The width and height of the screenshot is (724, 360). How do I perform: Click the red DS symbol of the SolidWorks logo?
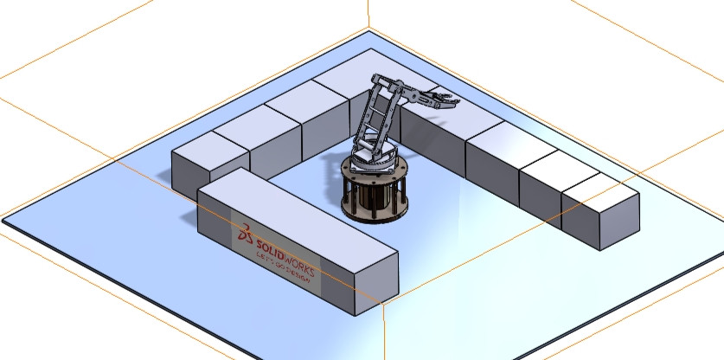coord(247,234)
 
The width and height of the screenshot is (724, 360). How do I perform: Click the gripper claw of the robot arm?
coord(444,98)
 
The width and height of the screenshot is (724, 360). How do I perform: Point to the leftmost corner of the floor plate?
coord(3,219)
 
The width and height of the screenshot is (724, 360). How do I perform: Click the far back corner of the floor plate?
coord(369,32)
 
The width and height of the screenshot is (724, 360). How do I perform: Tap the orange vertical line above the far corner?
coord(369,13)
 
